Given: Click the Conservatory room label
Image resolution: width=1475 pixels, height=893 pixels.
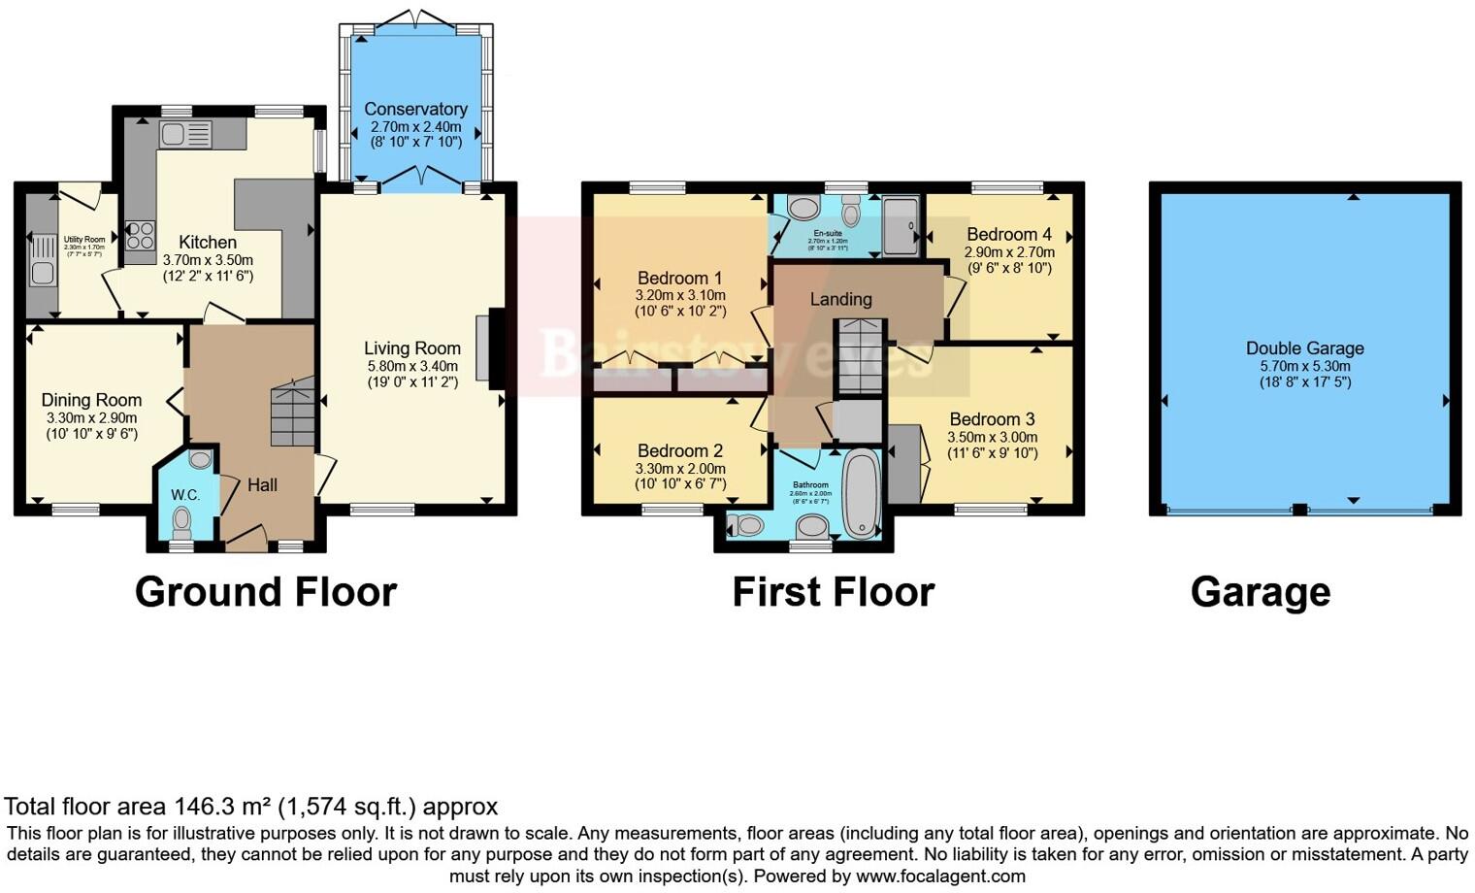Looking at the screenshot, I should tap(415, 110).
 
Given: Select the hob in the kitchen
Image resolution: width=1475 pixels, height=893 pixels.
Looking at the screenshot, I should tap(140, 235).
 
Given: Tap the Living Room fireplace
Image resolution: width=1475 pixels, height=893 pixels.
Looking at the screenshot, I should tap(489, 348).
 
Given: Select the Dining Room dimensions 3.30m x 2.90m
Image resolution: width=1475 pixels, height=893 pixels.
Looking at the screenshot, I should tap(91, 418).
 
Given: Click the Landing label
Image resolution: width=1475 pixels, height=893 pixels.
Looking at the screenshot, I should tap(840, 299).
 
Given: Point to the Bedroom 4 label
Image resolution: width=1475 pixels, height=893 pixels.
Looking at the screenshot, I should tap(1009, 234).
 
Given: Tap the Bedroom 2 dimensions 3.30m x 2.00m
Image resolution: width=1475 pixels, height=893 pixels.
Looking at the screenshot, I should tap(680, 469).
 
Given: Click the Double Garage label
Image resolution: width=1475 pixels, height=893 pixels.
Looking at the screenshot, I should tap(1304, 348).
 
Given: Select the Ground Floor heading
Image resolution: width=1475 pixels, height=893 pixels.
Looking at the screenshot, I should tap(265, 591).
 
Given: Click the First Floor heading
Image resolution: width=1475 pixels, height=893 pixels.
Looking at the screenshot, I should tap(833, 591).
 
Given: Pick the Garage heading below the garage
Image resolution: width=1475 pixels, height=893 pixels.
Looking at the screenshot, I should tap(1260, 591).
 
